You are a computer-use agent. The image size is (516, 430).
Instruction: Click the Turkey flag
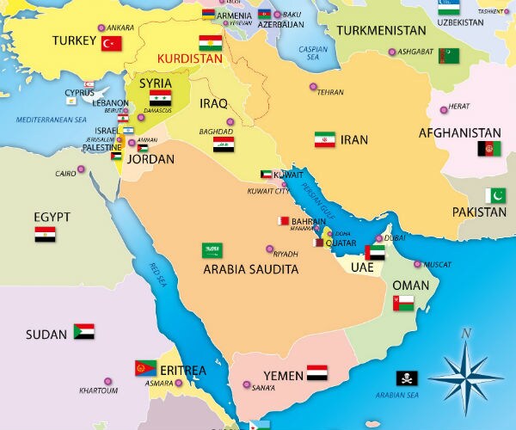point(112,44)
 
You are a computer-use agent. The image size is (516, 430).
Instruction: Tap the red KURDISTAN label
point(188,59)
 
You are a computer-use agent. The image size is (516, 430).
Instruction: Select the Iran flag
point(324,139)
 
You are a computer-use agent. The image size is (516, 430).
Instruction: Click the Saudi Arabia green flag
point(212,250)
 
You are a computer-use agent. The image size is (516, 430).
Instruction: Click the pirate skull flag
point(407,378)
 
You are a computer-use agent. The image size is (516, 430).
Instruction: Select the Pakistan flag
point(495,195)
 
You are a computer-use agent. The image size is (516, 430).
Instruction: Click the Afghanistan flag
point(488,149)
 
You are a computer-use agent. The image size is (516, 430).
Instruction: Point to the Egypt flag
point(46,234)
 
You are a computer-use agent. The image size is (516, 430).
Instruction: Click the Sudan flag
point(83,331)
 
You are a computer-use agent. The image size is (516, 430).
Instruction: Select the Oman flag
point(403,303)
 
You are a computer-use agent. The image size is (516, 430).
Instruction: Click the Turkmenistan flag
point(448,56)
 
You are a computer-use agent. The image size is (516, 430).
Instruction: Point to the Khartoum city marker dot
point(107,381)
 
